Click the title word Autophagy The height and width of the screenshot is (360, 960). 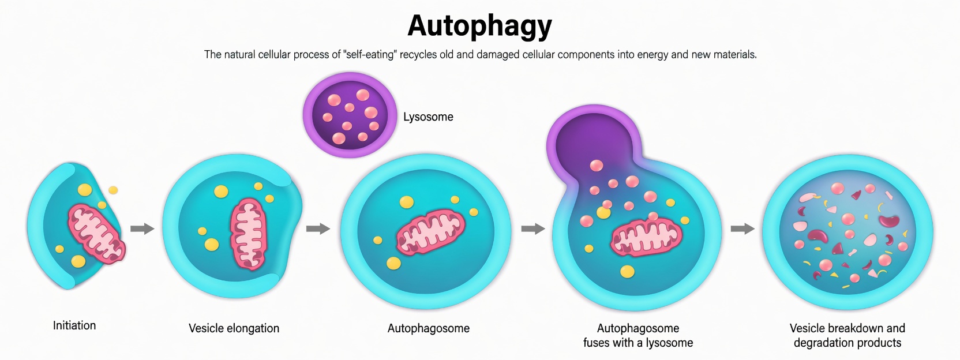[479, 26]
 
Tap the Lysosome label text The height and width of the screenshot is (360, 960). [428, 117]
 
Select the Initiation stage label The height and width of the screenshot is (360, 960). [74, 325]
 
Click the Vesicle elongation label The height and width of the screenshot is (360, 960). [234, 328]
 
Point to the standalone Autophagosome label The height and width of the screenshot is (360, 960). [428, 328]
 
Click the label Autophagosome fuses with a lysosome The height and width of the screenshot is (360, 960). [637, 335]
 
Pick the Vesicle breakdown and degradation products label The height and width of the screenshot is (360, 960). [847, 335]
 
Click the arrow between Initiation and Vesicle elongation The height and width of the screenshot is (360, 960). [142, 228]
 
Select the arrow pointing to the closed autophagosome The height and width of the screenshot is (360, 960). [317, 228]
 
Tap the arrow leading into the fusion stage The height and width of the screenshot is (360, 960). [533, 228]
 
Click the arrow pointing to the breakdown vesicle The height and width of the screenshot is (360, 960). [742, 228]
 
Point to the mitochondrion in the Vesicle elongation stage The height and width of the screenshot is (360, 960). [249, 234]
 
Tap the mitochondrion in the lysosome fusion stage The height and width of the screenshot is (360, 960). [646, 237]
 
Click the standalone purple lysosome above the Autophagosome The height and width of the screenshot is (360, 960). [350, 115]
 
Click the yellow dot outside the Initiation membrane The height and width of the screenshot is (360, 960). [113, 190]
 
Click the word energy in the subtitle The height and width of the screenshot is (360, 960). [653, 55]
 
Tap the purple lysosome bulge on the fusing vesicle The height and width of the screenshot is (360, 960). [589, 138]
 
